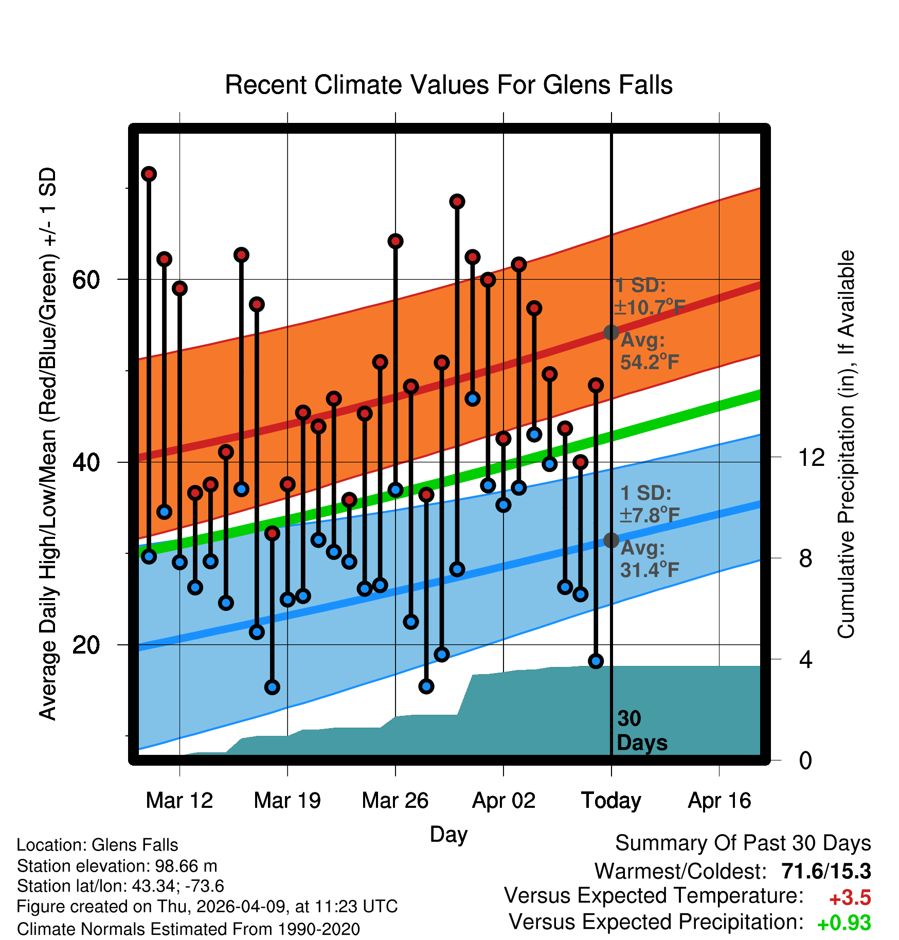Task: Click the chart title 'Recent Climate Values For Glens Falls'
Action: [448, 85]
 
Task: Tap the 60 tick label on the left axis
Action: [86, 280]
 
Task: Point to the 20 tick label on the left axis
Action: [86, 645]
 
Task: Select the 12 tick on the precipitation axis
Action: [812, 457]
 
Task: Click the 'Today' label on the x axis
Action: [611, 801]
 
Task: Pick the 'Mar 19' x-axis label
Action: [287, 801]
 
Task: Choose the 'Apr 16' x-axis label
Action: [720, 801]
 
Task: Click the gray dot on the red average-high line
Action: [611, 333]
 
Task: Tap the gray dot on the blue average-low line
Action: [611, 540]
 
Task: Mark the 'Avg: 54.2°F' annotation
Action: [650, 351]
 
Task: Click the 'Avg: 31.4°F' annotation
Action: [650, 558]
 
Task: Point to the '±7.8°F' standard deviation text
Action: [650, 515]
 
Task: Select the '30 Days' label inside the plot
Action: [642, 731]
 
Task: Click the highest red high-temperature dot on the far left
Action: [149, 174]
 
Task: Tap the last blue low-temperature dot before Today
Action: [596, 661]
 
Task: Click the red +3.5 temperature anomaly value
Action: [850, 898]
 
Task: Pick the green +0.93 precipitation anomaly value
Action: [844, 923]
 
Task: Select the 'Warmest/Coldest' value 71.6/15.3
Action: [826, 871]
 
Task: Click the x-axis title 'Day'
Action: [448, 835]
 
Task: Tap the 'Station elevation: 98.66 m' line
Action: [117, 866]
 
